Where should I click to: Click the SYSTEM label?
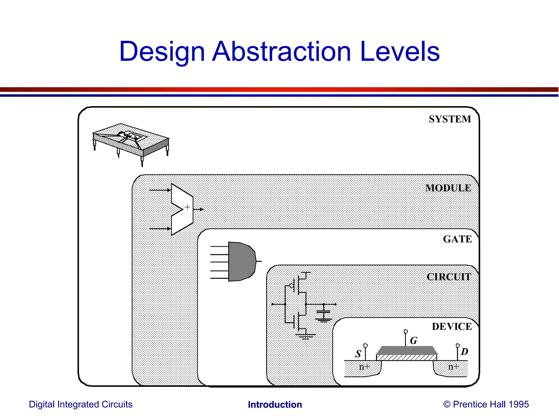click(450, 119)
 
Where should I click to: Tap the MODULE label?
click(448, 188)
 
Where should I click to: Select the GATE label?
click(457, 239)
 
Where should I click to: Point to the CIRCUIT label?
click(449, 277)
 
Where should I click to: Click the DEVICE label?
click(452, 326)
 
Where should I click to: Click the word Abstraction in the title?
click(281, 52)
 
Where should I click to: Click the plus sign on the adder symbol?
click(187, 207)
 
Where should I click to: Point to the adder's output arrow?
click(198, 209)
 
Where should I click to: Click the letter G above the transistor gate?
click(414, 340)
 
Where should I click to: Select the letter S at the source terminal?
click(358, 354)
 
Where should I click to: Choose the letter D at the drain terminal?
click(464, 352)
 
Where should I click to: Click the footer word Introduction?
click(275, 405)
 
